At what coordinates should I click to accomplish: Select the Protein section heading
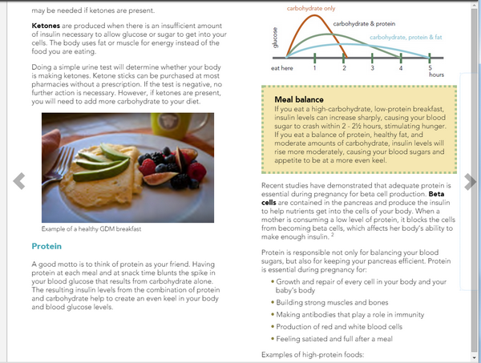(47, 246)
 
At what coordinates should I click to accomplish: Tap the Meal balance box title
(299, 99)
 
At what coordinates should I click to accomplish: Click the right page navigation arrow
(470, 182)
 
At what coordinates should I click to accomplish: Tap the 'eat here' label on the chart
(285, 69)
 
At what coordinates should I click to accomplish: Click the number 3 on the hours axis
(372, 69)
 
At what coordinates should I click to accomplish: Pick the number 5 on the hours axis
(430, 69)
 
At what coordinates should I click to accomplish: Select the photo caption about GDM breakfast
(91, 228)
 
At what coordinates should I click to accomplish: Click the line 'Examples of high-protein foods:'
(313, 354)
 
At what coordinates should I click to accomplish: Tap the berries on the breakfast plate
(165, 168)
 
